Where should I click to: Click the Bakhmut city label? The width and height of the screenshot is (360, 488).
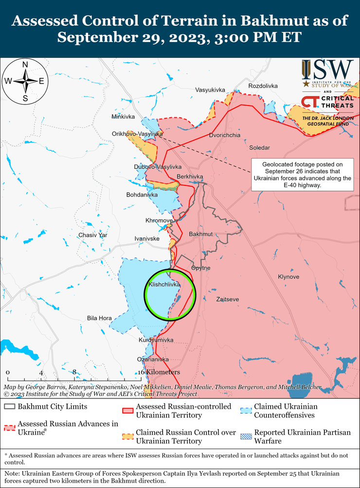click(x=201, y=235)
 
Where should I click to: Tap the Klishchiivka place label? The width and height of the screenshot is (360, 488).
click(x=164, y=283)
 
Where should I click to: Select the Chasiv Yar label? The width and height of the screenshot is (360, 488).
click(x=92, y=235)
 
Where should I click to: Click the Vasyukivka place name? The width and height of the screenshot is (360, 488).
click(x=210, y=90)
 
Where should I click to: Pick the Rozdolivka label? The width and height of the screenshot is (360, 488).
click(x=263, y=86)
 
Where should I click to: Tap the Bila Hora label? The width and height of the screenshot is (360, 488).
click(x=99, y=318)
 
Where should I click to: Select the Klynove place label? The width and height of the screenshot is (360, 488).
click(x=288, y=276)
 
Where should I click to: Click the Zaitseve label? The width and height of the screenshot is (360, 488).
click(x=227, y=300)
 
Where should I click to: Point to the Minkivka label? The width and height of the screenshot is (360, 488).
click(x=123, y=117)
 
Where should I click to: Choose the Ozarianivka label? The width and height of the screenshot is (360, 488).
click(x=153, y=359)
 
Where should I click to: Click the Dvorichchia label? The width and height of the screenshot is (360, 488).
click(x=225, y=135)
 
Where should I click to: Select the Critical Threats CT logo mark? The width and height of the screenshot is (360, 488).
click(x=310, y=102)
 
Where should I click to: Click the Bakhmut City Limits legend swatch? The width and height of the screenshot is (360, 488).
click(x=10, y=406)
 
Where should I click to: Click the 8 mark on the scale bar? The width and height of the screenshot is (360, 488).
click(x=74, y=372)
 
